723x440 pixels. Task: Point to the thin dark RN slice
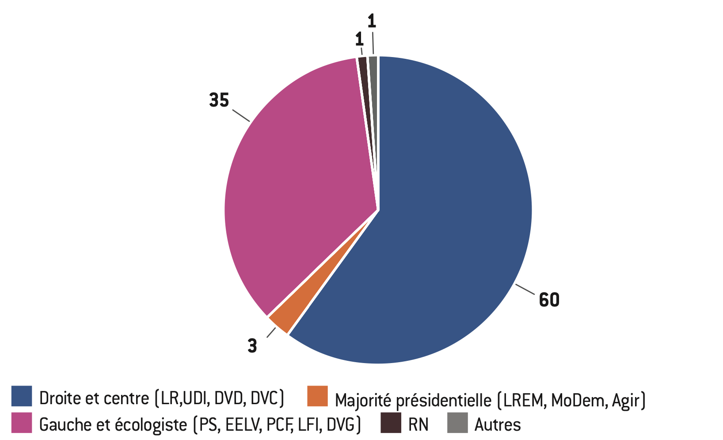363,71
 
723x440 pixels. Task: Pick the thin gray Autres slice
373,71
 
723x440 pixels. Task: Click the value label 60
549,300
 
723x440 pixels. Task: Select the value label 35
219,101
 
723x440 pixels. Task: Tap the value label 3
252,346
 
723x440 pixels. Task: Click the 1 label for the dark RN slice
360,40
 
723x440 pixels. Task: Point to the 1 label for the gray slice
372,21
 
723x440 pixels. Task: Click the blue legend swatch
22,396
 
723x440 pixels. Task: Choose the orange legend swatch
317,396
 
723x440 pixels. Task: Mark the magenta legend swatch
22,422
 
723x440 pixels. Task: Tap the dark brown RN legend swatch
391,422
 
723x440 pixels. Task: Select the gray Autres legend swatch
457,422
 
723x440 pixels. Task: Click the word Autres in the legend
498,425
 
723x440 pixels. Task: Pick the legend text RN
418,425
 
